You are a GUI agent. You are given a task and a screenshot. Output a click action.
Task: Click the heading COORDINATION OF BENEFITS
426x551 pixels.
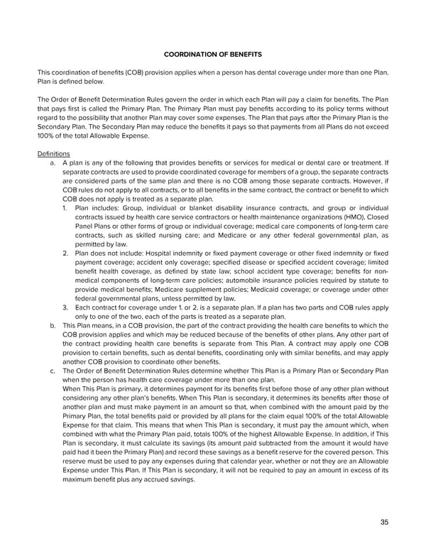coord(213,54)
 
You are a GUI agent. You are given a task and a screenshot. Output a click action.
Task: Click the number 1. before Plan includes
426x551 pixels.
coord(65,207)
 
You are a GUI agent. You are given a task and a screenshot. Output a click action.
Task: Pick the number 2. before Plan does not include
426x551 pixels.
coord(65,253)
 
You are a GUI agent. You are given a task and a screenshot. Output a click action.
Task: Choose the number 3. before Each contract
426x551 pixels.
coord(65,307)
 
